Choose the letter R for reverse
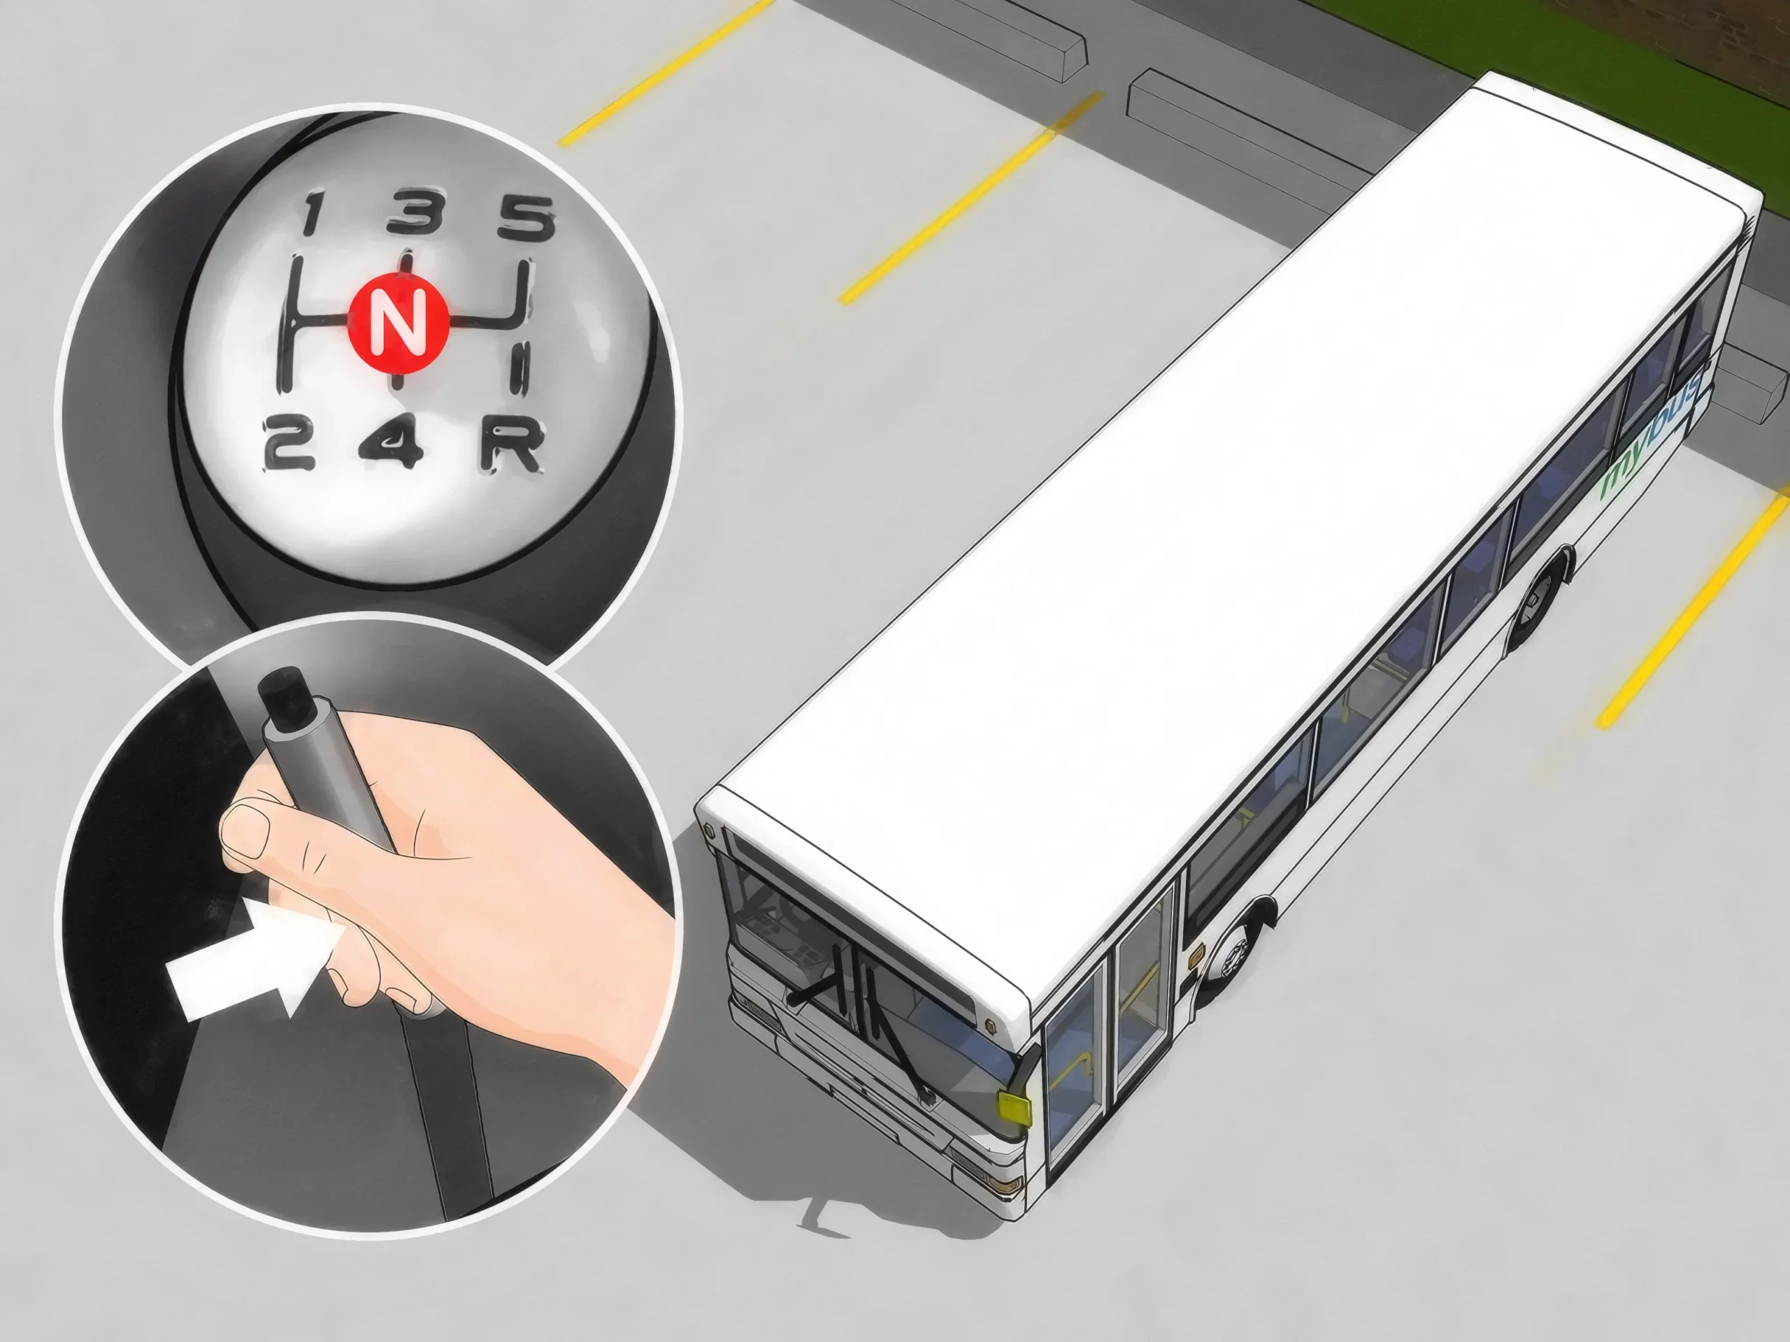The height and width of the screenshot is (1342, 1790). tap(510, 446)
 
